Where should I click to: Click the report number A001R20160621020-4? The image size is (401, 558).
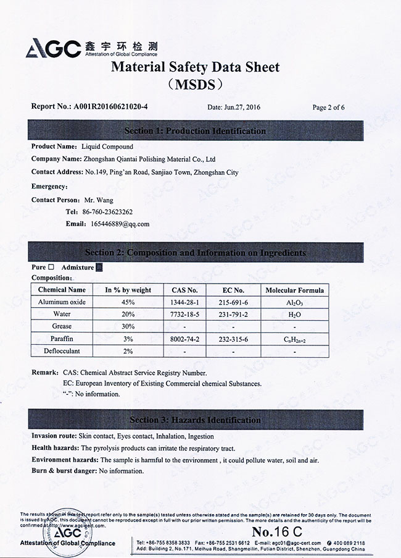click(110, 106)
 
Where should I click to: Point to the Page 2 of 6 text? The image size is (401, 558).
click(328, 107)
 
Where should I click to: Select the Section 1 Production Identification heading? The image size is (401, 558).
click(195, 131)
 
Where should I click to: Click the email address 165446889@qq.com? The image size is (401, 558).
click(120, 224)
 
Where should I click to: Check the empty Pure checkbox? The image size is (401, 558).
click(51, 267)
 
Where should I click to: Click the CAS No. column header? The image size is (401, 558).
click(184, 290)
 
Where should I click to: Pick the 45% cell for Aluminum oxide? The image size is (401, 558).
click(128, 302)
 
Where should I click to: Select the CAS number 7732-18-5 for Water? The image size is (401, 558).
click(184, 314)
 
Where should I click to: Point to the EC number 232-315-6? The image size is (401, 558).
click(233, 339)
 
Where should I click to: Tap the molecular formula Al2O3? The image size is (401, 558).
click(294, 303)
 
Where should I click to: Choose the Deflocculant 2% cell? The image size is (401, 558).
click(128, 351)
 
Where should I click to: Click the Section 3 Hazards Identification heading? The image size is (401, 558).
click(195, 420)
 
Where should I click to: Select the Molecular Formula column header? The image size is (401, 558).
click(294, 290)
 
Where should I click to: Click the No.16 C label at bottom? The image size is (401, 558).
click(277, 531)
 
